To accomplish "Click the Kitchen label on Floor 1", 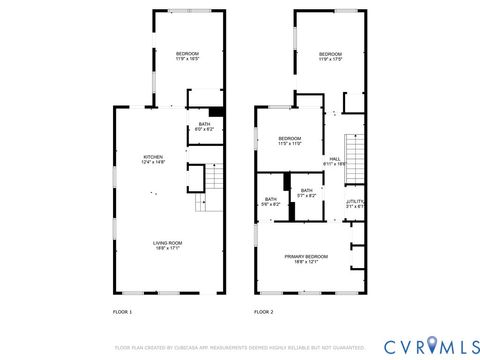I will click(153, 158).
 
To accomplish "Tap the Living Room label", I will click(153, 243).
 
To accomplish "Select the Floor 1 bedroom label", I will click(188, 55).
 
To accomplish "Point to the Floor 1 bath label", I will click(204, 126).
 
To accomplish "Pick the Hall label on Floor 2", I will click(336, 159).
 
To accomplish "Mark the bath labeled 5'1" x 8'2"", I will click(306, 192).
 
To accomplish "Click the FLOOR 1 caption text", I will click(121, 312).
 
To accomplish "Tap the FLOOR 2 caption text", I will click(263, 312).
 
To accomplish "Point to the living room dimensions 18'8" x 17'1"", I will click(153, 248).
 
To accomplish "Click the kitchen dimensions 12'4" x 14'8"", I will click(153, 163).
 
